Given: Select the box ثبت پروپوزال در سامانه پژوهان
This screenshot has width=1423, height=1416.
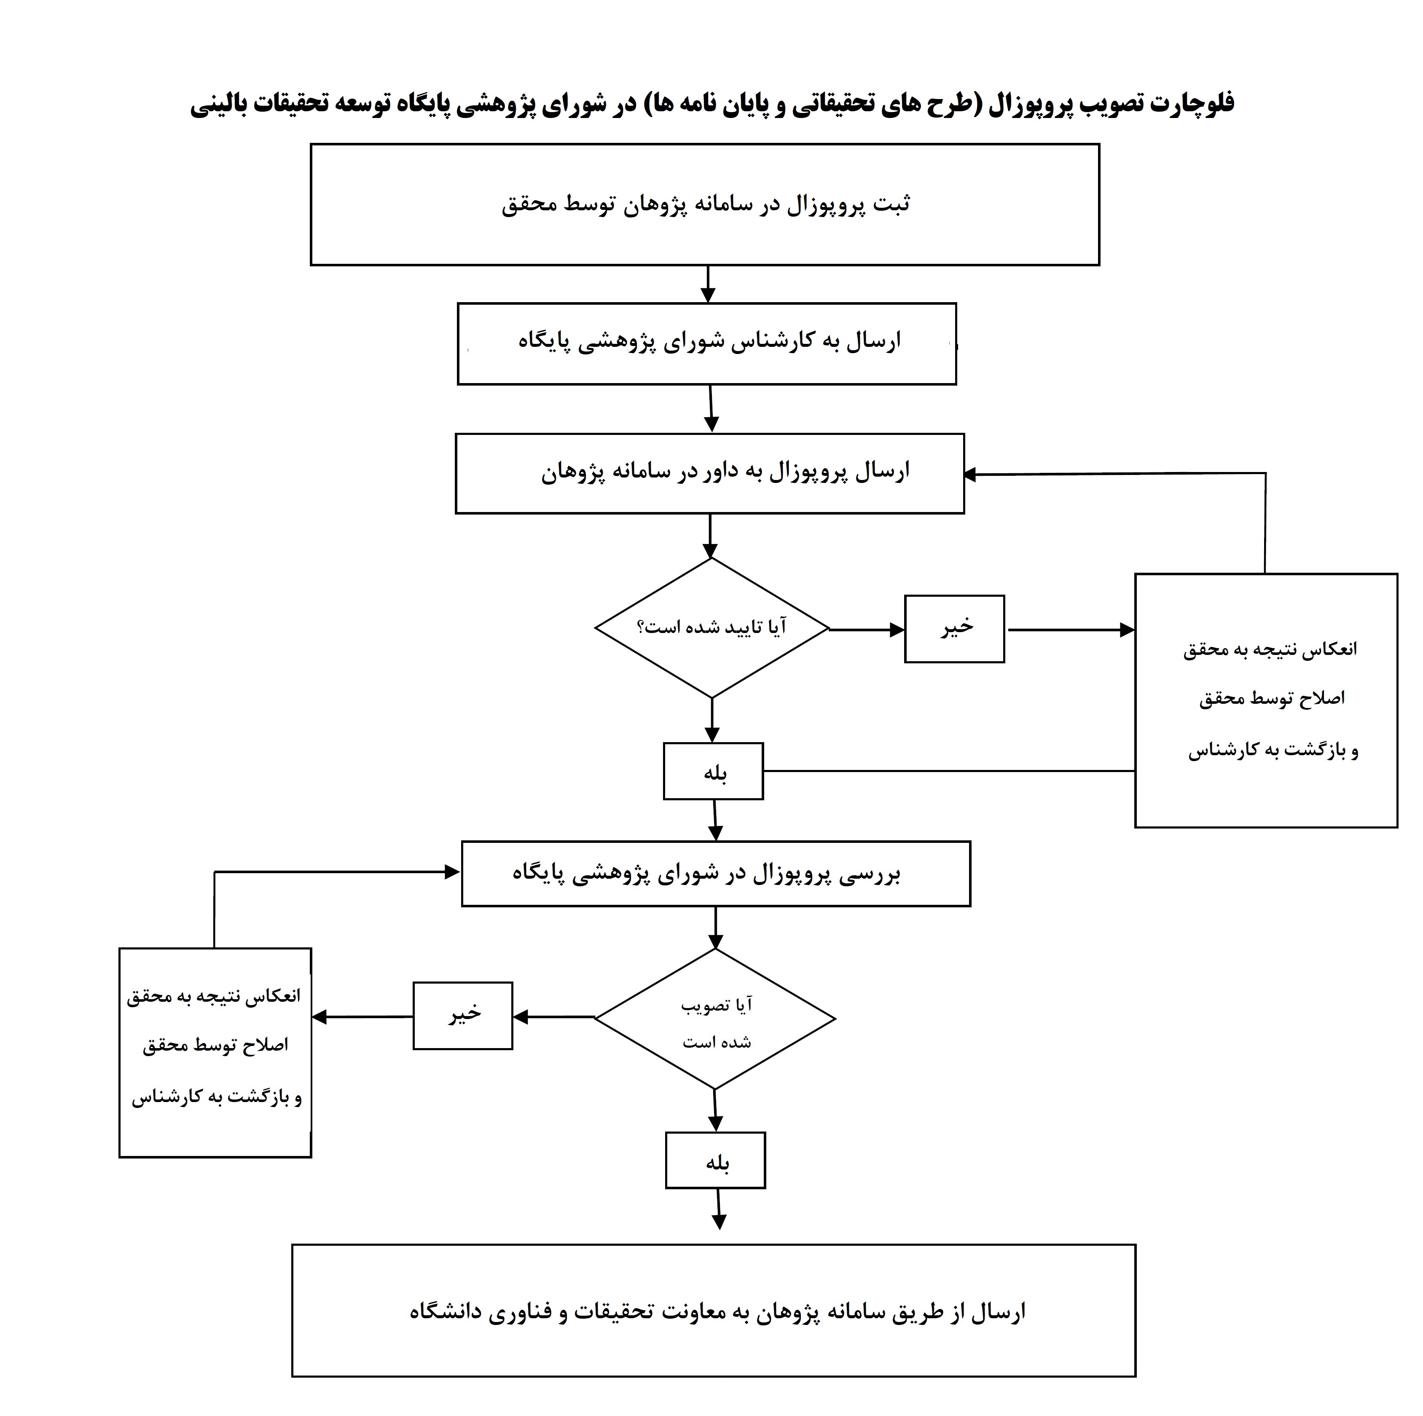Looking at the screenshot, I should [705, 205].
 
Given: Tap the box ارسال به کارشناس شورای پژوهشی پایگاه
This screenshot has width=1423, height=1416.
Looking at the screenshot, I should [707, 343].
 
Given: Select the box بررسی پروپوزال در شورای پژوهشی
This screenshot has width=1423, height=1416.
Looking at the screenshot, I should [716, 873].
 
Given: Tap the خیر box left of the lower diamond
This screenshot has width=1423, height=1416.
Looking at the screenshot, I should [462, 1015].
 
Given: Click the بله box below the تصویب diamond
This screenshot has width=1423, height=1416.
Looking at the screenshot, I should [716, 1161].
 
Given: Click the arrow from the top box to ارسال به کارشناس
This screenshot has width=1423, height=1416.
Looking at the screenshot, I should [708, 284].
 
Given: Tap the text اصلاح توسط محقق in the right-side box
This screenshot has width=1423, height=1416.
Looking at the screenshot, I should [1272, 698].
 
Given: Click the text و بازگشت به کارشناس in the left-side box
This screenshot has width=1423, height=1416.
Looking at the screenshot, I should [217, 1097].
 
